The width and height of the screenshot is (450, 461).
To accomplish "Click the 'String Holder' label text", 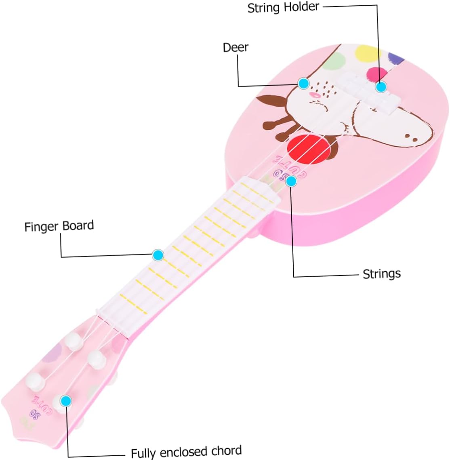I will (283, 8).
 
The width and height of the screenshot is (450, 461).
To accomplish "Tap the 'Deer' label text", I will (236, 47).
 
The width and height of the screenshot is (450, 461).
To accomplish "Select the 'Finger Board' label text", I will (59, 226).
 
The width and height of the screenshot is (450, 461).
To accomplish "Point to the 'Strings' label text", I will (381, 274).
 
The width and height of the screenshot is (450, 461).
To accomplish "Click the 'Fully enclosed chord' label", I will (186, 451).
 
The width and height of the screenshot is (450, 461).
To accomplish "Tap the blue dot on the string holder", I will (381, 87).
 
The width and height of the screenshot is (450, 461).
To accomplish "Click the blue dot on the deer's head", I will (303, 84).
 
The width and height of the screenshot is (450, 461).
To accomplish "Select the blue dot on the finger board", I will (158, 255).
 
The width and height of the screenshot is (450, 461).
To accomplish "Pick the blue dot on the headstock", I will (66, 401).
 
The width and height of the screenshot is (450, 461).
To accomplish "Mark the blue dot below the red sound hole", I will (291, 181).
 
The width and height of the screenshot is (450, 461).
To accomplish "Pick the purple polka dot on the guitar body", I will (395, 57).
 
